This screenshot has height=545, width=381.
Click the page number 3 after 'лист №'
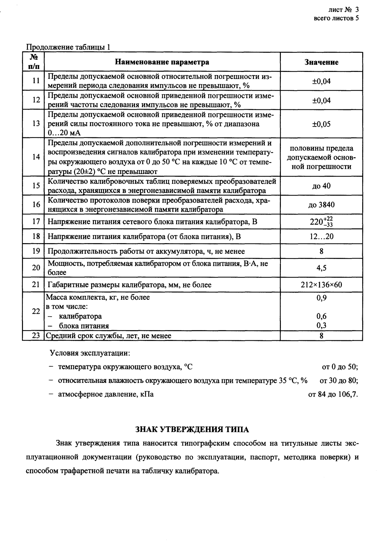pyautogui.click(x=357, y=10)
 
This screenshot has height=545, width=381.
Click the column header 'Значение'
pyautogui.click(x=321, y=62)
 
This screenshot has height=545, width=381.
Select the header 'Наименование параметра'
pyautogui.click(x=162, y=62)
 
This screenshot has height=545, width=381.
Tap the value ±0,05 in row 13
pyautogui.click(x=321, y=124)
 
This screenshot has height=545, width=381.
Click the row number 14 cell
pyautogui.click(x=36, y=157)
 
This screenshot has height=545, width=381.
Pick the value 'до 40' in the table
pyautogui.click(x=321, y=186)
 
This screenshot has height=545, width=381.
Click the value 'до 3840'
pyautogui.click(x=321, y=205)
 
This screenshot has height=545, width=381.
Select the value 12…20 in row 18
pyautogui.click(x=321, y=237)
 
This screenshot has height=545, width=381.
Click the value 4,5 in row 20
pyautogui.click(x=321, y=268)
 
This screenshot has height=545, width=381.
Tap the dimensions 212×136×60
pyautogui.click(x=321, y=285)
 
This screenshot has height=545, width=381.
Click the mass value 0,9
pyautogui.click(x=321, y=298)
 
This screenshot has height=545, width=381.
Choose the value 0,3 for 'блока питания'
pyautogui.click(x=321, y=326)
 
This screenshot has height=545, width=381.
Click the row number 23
pyautogui.click(x=36, y=336)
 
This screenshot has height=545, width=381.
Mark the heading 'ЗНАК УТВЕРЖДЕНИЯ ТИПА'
pyautogui.click(x=192, y=429)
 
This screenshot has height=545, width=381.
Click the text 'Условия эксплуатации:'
pyautogui.click(x=90, y=353)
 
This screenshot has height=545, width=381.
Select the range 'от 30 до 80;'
pyautogui.click(x=339, y=380)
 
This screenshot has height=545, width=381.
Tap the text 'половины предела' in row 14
pyautogui.click(x=321, y=148)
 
